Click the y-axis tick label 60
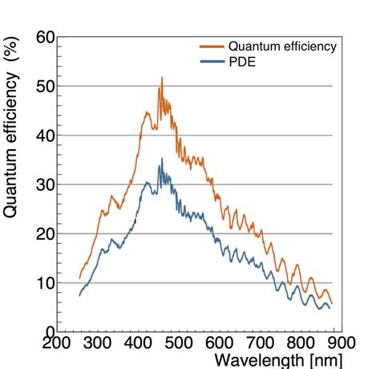(45, 38)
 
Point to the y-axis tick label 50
(45, 87)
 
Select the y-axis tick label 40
(45, 136)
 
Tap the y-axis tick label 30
(45, 184)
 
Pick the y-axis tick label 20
(45, 233)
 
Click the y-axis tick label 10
(45, 283)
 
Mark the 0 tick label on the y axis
(51, 332)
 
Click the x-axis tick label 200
(58, 346)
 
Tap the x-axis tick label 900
(331, 346)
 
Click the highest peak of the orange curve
(162, 78)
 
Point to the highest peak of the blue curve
(162, 159)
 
